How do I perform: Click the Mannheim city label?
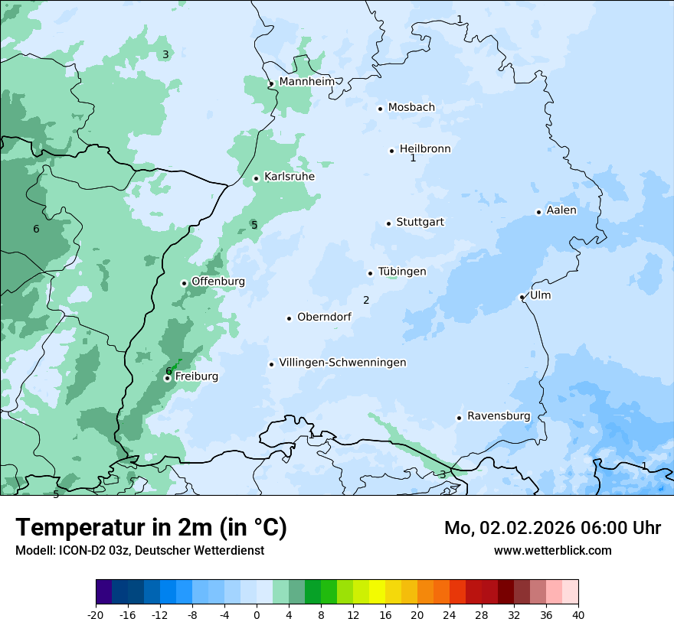[x=306, y=82]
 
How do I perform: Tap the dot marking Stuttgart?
[x=388, y=223]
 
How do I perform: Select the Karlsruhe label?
[x=289, y=177]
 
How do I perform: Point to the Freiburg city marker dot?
[x=167, y=378]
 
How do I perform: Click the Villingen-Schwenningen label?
[x=342, y=363]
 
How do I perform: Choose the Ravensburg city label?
[x=499, y=416]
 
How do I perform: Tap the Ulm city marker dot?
[x=522, y=297]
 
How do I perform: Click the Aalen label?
[x=561, y=210]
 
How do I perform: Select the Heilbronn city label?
[x=425, y=149]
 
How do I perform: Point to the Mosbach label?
[x=411, y=108]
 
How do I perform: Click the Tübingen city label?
[x=402, y=272]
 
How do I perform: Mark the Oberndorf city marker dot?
[x=289, y=318]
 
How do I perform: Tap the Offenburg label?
[x=218, y=282]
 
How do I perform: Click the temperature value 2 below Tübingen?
[x=366, y=300]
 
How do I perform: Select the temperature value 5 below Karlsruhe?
[x=254, y=225]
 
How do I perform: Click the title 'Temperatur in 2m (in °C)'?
[x=152, y=528]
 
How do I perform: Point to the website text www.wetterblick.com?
[x=552, y=550]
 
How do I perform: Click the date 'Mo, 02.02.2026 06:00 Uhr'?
[x=552, y=528]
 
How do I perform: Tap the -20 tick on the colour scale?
[x=96, y=614]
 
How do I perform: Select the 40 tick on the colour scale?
[x=578, y=614]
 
